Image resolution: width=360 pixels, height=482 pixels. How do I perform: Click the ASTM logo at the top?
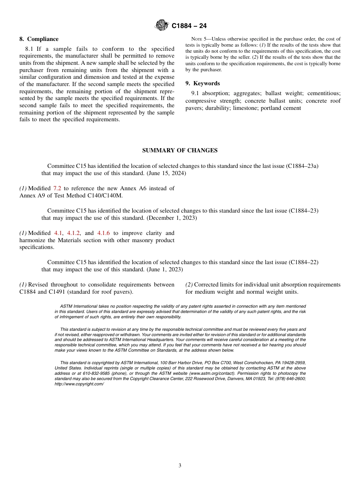pyautogui.click(x=162, y=25)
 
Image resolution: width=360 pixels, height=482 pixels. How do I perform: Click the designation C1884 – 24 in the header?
pyautogui.click(x=189, y=26)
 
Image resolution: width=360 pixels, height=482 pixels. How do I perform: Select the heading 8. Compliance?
pyautogui.click(x=39, y=39)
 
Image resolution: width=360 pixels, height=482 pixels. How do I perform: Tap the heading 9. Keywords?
pyautogui.click(x=202, y=83)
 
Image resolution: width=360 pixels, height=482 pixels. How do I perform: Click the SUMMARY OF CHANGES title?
pyautogui.click(x=180, y=150)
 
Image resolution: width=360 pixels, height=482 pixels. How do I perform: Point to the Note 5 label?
pyautogui.click(x=199, y=39)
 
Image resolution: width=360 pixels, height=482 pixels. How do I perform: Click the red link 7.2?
pyautogui.click(x=57, y=188)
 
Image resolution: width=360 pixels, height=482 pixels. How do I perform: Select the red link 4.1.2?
pyautogui.click(x=74, y=233)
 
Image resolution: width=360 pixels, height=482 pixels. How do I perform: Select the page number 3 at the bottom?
pyautogui.click(x=180, y=466)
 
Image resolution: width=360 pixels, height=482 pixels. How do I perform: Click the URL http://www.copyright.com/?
pyautogui.click(x=79, y=384)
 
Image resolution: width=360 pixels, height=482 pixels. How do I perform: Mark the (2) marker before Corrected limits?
pyautogui.click(x=189, y=285)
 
